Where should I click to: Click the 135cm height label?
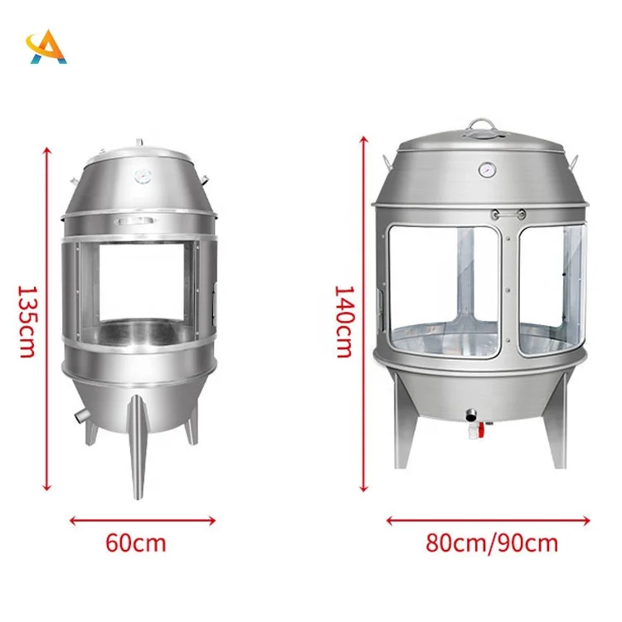click(27, 321)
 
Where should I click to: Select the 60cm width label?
click(136, 543)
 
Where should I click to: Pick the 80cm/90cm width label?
click(493, 543)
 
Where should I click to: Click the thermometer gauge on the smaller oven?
click(141, 176)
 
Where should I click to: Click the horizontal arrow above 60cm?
click(143, 521)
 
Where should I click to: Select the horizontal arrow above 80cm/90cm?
click(488, 521)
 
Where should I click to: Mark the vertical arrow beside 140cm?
click(363, 315)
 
